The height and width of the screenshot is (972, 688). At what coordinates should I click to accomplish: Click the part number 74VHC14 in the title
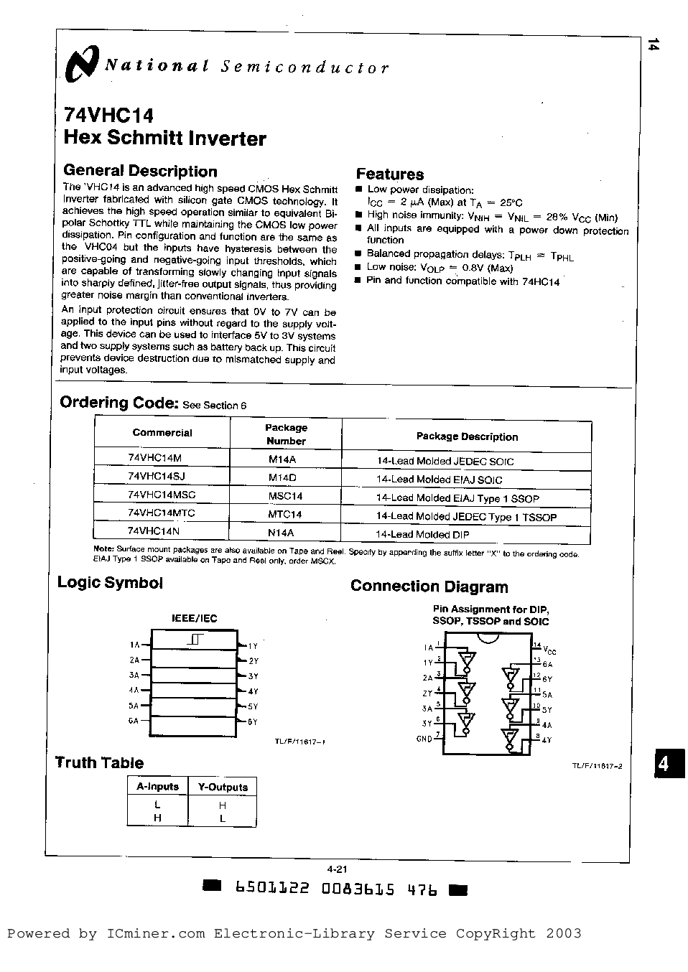pyautogui.click(x=108, y=116)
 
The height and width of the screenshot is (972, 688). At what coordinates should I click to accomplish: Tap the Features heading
pyautogui.click(x=390, y=174)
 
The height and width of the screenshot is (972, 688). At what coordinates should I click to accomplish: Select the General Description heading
pyautogui.click(x=140, y=171)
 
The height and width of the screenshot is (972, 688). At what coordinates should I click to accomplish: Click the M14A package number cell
pyautogui.click(x=282, y=459)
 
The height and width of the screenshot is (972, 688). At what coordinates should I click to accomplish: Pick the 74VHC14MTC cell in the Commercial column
pyautogui.click(x=162, y=513)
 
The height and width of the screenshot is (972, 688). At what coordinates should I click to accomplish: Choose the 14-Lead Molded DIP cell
pyautogui.click(x=422, y=534)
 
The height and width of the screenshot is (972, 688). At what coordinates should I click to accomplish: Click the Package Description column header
pyautogui.click(x=467, y=436)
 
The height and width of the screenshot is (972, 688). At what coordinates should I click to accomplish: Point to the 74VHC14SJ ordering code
pyautogui.click(x=157, y=476)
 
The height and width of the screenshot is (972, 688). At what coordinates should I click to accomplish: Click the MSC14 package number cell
pyautogui.click(x=285, y=496)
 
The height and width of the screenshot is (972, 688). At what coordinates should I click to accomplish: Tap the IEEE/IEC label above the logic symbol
pyautogui.click(x=194, y=618)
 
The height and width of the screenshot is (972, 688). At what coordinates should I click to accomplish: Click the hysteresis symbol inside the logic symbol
pyautogui.click(x=196, y=639)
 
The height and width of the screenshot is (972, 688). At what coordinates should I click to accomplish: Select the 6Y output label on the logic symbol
pyautogui.click(x=252, y=721)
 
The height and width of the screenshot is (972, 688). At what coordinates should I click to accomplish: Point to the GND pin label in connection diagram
pyautogui.click(x=424, y=739)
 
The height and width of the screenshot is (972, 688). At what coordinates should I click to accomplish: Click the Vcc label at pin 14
pyautogui.click(x=549, y=650)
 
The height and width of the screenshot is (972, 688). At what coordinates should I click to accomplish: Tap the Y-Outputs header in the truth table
pyautogui.click(x=223, y=787)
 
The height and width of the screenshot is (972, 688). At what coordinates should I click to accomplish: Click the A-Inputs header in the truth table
pyautogui.click(x=157, y=787)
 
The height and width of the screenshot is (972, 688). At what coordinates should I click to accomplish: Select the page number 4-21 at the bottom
pyautogui.click(x=337, y=869)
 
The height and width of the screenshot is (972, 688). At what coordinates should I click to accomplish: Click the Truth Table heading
pyautogui.click(x=100, y=762)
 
